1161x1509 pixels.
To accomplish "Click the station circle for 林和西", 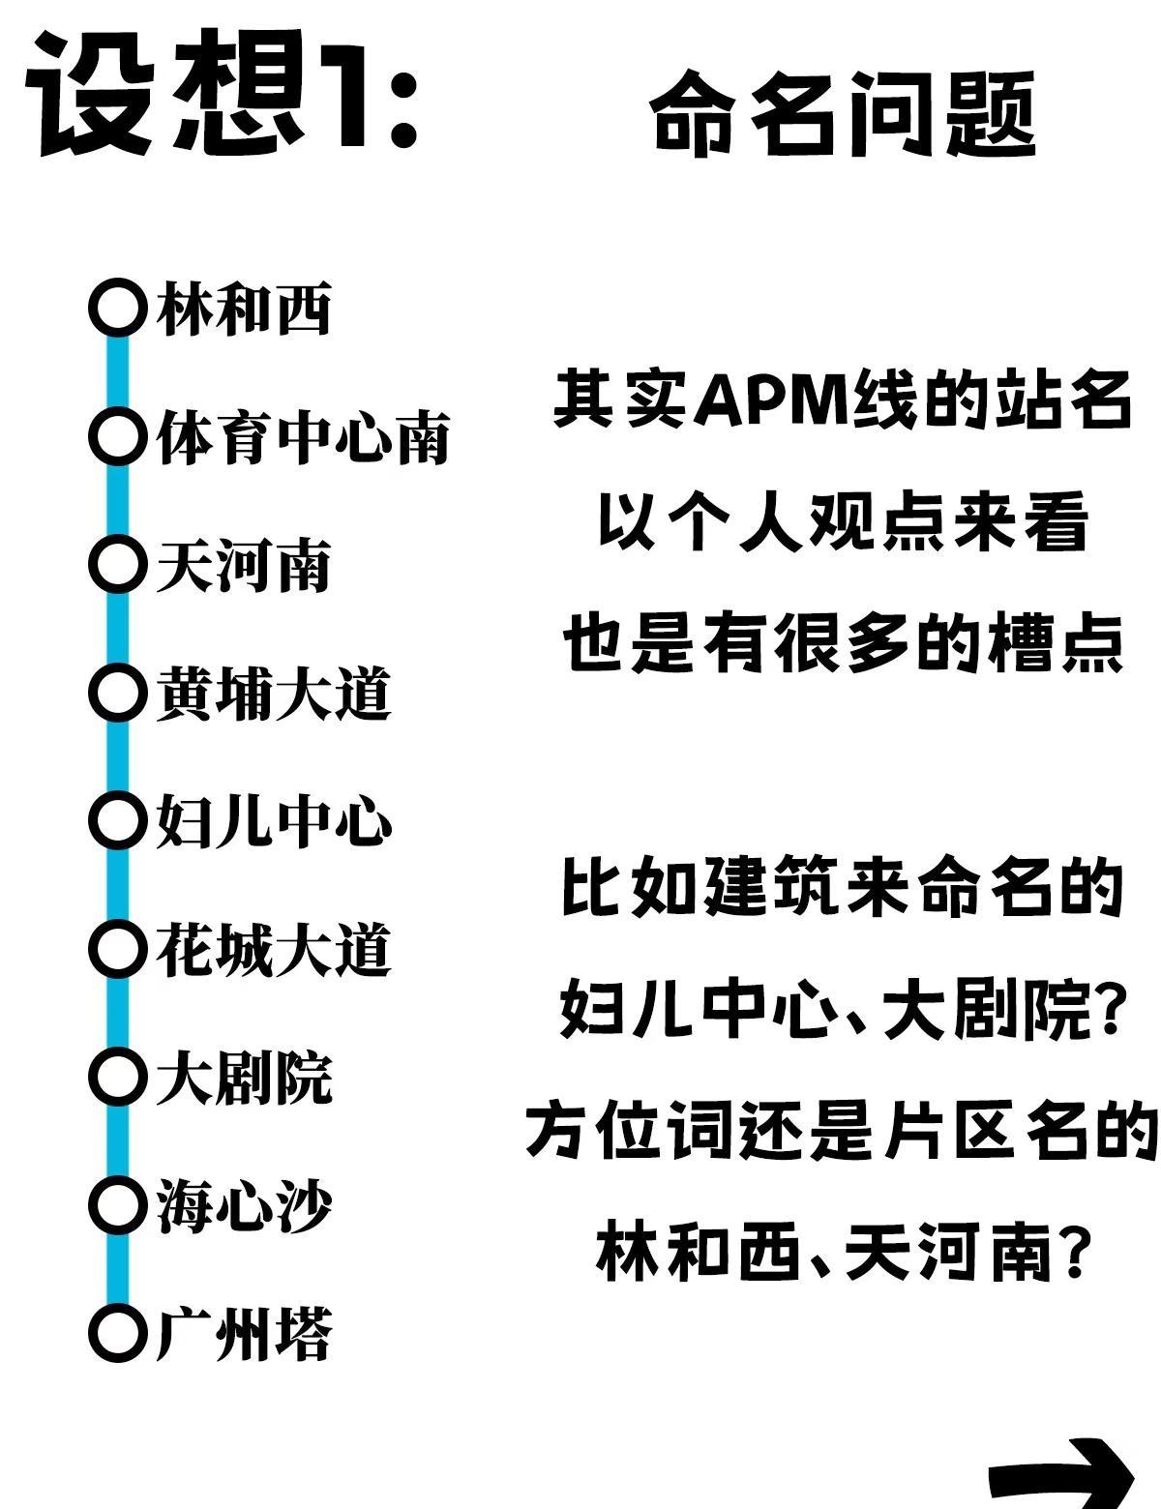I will pos(118,308).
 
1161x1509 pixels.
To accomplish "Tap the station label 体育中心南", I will pos(303,437).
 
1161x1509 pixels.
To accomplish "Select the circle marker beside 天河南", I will pos(118,565).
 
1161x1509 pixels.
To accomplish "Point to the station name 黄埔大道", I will pos(273,694).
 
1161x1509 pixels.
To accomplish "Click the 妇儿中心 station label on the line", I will pos(273,821).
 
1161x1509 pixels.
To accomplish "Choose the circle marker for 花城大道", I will pos(118,949).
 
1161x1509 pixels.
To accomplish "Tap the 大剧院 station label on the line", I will pos(244,1078).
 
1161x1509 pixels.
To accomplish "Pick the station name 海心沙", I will pos(244,1205).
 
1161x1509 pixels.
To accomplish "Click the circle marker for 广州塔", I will pos(118,1333).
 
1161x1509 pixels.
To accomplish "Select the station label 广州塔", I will pos(244,1334).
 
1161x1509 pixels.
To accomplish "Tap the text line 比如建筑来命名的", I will pos(842,888).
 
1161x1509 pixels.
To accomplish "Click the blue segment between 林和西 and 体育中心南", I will pos(118,372).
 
